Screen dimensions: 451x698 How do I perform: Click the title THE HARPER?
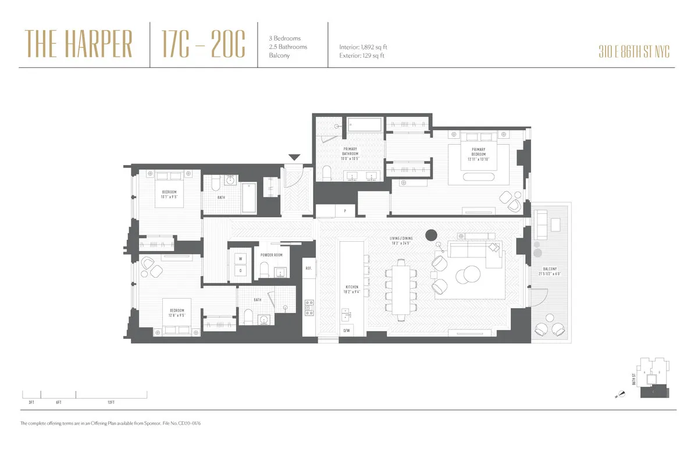pyautogui.click(x=79, y=45)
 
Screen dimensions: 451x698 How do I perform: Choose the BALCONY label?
pyautogui.click(x=550, y=271)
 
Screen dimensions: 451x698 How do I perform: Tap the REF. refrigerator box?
pyautogui.click(x=309, y=269)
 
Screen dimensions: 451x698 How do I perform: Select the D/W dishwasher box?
pyautogui.click(x=346, y=330)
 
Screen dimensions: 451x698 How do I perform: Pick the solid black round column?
pyautogui.click(x=431, y=235)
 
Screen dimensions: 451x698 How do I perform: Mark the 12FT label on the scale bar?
pyautogui.click(x=111, y=402)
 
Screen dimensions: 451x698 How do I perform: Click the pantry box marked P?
pyautogui.click(x=346, y=211)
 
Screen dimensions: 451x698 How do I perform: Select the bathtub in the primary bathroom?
pyautogui.click(x=365, y=124)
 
